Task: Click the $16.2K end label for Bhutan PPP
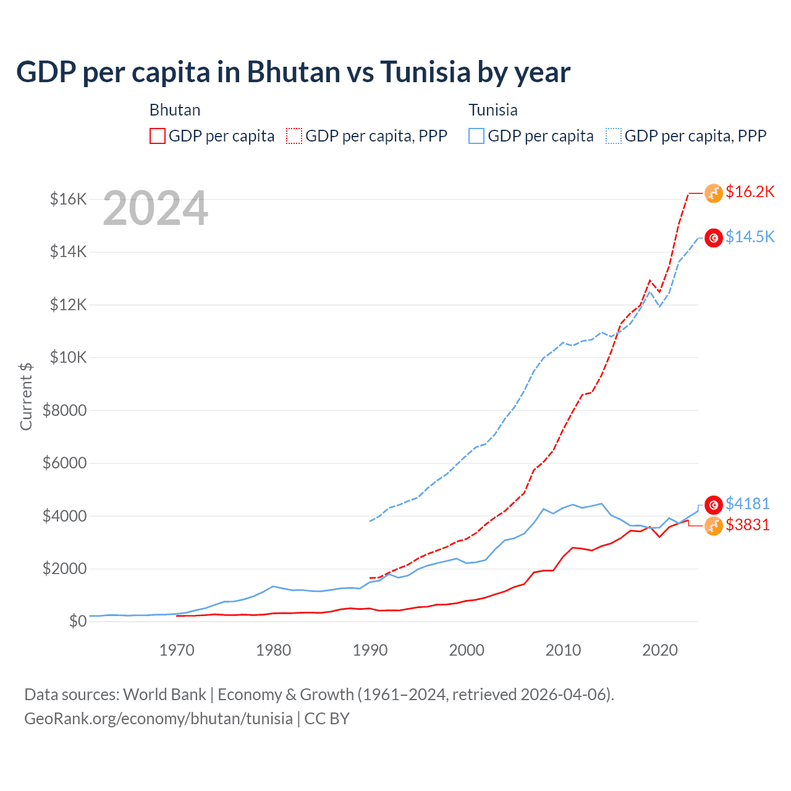(750, 192)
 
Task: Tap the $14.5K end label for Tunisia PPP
(750, 237)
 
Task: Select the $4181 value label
(747, 504)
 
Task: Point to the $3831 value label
(747, 525)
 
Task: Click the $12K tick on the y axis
(68, 305)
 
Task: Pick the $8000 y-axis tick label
(65, 410)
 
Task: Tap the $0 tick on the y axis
(77, 621)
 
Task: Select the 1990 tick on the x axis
(370, 650)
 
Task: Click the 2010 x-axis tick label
(563, 650)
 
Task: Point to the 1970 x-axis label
(177, 650)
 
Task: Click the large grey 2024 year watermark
(155, 209)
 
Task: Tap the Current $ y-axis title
(26, 396)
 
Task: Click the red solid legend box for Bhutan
(158, 136)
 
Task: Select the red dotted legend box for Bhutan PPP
(294, 136)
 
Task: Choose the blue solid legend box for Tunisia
(476, 136)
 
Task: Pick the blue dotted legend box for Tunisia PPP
(614, 136)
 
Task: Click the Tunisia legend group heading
(493, 110)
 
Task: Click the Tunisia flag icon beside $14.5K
(714, 238)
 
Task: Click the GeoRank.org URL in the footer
(158, 719)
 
